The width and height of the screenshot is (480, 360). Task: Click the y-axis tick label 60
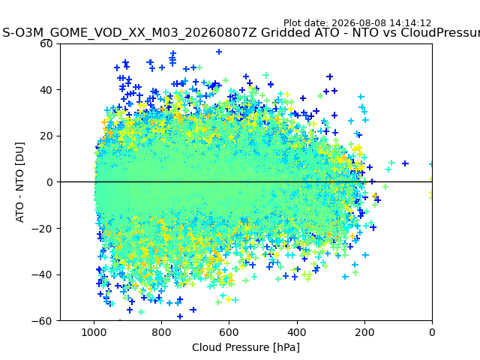46,43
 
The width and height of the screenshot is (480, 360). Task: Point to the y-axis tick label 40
46,90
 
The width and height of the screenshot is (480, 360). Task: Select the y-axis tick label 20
46,136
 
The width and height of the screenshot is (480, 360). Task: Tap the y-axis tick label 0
49,182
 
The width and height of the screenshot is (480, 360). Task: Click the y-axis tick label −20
42,229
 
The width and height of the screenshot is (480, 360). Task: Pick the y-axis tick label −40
42,275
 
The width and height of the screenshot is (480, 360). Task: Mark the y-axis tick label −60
42,321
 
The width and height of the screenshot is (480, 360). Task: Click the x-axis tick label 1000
94,332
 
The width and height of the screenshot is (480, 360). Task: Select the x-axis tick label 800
162,332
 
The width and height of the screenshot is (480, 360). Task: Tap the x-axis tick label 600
229,332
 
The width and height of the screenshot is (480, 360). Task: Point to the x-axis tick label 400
297,332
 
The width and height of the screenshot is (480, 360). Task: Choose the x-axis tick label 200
364,332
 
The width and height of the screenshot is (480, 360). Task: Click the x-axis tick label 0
432,332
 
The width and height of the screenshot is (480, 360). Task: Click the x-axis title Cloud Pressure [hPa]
246,348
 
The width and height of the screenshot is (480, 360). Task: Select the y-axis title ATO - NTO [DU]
20,182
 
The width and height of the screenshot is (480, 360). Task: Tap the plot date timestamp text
357,23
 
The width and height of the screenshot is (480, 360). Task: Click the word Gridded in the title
297,32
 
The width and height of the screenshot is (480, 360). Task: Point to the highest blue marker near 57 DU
219,52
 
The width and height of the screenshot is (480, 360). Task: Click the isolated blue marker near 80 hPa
405,163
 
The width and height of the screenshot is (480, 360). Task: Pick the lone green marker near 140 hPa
385,187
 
